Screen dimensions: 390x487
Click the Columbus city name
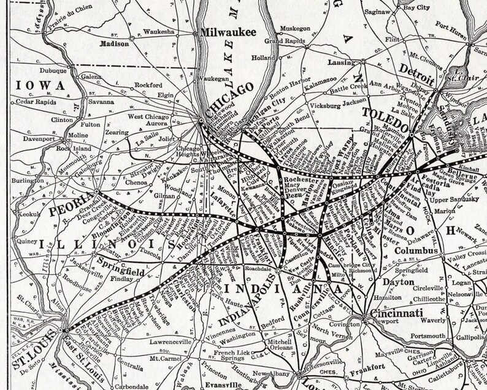coord(417,251)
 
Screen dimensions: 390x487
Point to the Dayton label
coord(399,282)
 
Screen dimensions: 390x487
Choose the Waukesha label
coord(159,29)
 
